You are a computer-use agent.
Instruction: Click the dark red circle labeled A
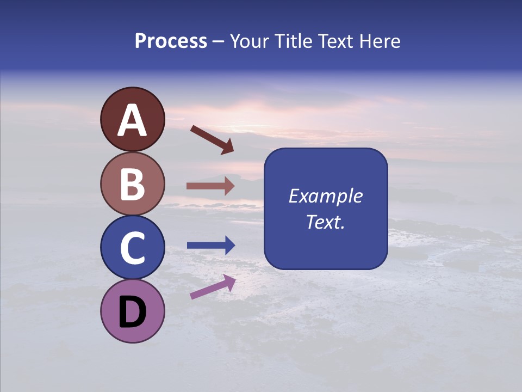pos(133,119)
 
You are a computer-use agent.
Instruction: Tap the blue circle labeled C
pos(133,247)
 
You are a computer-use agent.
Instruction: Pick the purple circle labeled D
pos(133,311)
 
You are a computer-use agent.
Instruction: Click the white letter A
pos(133,120)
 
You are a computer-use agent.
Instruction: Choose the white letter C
pos(133,248)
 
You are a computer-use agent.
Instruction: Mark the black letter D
pos(133,312)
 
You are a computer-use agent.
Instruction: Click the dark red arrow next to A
pos(212,139)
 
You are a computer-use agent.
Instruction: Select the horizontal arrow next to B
pos(210,186)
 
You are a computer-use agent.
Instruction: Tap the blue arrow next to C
pos(211,246)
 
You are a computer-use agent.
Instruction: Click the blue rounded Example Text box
pos(326,209)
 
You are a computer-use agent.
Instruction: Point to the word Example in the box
pos(326,196)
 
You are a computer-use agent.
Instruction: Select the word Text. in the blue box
pos(326,222)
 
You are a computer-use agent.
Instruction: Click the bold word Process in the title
pos(171,41)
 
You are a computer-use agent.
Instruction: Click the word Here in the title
pos(380,41)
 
